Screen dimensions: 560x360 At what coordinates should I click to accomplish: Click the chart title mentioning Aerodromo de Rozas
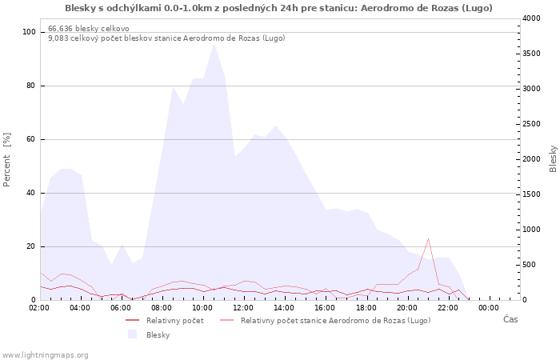pos(278,8)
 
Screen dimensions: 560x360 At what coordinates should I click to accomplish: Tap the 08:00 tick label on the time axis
pos(162,308)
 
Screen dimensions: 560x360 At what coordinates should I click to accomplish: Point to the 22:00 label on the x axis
pos(447,308)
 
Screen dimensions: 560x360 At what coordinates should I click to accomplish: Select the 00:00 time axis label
pos(488,308)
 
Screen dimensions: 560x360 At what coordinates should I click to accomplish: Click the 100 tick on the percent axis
pos(29,32)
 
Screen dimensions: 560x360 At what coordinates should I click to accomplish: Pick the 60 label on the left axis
pos(31,139)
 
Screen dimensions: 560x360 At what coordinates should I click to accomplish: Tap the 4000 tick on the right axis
pos(531,18)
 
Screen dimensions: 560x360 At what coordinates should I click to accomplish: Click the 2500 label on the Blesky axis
pos(531,124)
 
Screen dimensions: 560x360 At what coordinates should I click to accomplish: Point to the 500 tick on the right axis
pos(529,265)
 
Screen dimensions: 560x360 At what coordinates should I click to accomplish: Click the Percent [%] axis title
pos(6,160)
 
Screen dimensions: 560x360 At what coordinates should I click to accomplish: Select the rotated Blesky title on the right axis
pos(553,159)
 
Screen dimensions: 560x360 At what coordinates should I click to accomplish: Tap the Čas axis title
pos(510,319)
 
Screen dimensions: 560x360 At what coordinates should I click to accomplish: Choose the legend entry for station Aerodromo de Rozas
pos(326,320)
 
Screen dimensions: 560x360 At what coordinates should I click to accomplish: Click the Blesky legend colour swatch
pos(133,334)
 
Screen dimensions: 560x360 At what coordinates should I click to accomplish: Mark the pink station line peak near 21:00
pos(428,238)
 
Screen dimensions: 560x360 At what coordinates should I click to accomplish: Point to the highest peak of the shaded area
pos(214,44)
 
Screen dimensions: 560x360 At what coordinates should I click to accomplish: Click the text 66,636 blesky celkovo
pos(89,29)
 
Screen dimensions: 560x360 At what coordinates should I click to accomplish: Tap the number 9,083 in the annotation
pos(58,38)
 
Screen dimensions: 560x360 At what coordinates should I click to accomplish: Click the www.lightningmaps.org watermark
pos(45,355)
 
